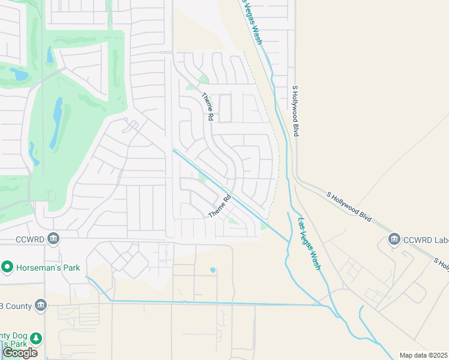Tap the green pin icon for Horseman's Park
[7, 266]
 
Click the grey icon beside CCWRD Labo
[394, 241]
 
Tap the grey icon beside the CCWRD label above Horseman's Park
[53, 239]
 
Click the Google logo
[20, 353]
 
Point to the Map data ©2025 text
[423, 355]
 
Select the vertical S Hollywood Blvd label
[295, 111]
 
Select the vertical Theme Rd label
[208, 107]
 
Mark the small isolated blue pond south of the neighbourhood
[212, 270]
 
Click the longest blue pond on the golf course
[56, 122]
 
